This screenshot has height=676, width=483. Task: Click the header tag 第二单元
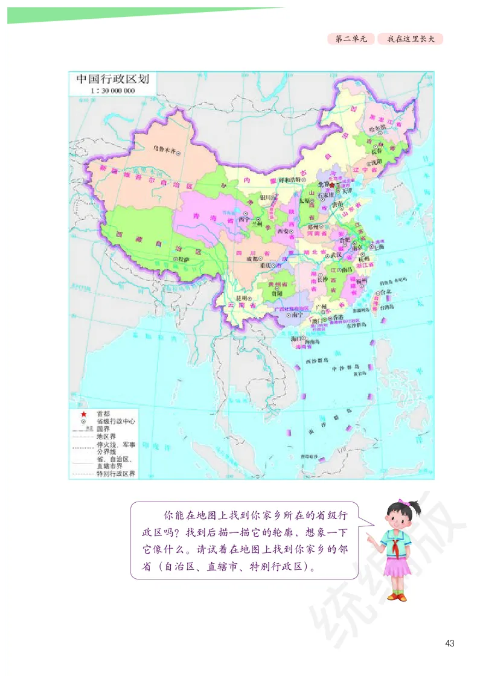click(350, 39)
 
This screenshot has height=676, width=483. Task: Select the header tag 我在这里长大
click(411, 39)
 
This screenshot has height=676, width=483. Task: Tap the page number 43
click(449, 642)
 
